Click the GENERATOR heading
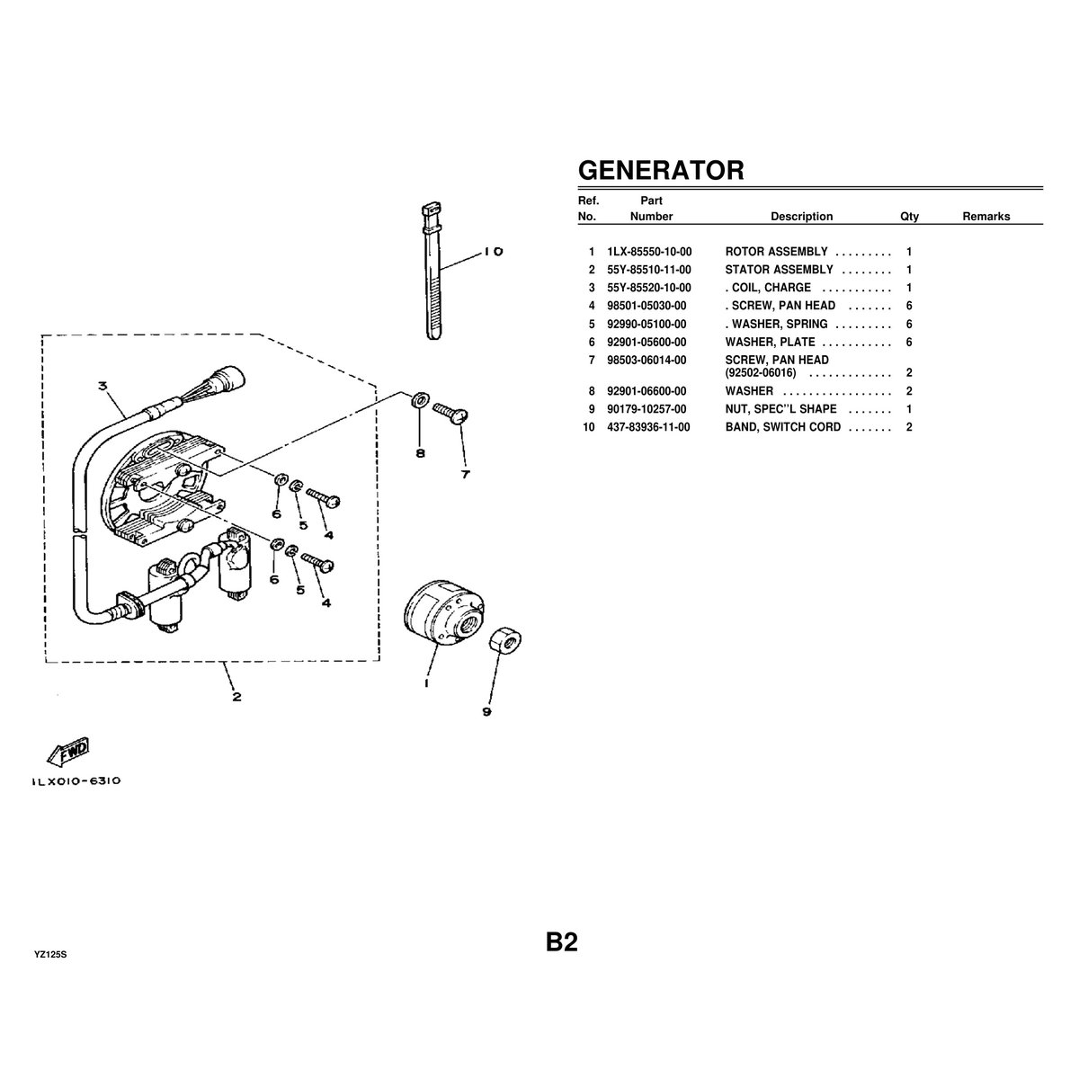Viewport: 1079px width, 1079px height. coord(661,170)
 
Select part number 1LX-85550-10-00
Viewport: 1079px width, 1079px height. coord(650,252)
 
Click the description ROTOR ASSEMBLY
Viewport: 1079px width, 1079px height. coord(776,252)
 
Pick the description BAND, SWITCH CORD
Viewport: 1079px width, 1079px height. coord(783,427)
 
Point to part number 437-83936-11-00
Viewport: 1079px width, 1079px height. coord(649,427)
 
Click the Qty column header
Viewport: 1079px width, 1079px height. coord(909,217)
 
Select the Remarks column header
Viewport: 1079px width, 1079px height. coord(986,217)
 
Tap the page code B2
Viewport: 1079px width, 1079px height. coord(561,942)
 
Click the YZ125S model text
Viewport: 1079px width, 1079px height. coord(51,954)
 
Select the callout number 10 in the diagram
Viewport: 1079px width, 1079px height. coord(493,252)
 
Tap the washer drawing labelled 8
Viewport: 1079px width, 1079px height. coord(419,399)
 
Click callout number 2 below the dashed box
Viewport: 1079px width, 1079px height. coord(236,696)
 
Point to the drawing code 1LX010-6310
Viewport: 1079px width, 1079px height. coord(76,781)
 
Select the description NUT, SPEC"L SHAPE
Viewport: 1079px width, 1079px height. coord(780,409)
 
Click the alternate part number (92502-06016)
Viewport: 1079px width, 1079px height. coord(761,372)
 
